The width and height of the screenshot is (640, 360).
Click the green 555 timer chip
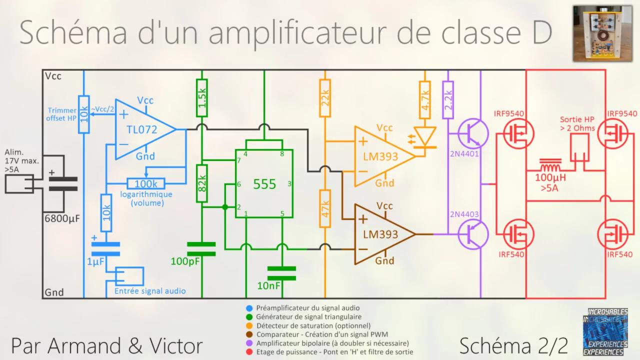[x=264, y=183]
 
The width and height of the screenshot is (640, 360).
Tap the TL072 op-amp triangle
[x=141, y=130]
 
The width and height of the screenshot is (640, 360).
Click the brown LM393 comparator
[x=381, y=234]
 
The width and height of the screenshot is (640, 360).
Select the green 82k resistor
[x=202, y=183]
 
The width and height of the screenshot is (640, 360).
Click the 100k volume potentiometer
[x=146, y=183]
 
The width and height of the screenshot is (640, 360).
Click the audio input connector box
[x=129, y=276]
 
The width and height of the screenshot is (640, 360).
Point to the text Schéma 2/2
[x=514, y=345]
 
